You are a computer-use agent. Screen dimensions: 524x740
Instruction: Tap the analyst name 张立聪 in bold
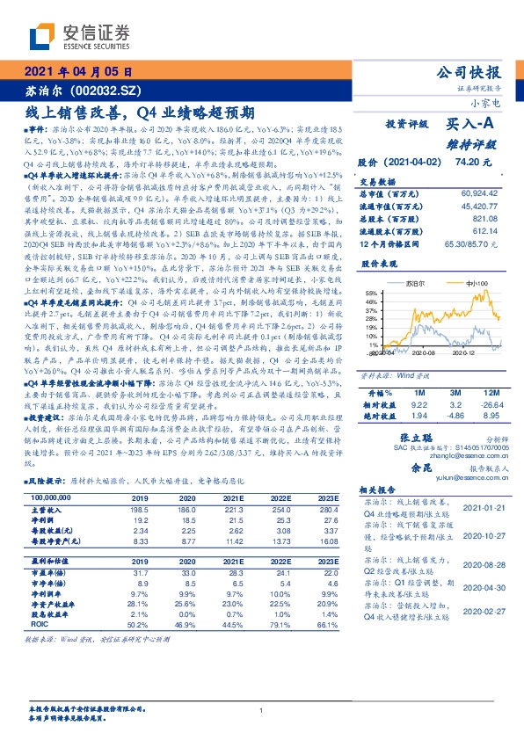coord(418,438)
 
